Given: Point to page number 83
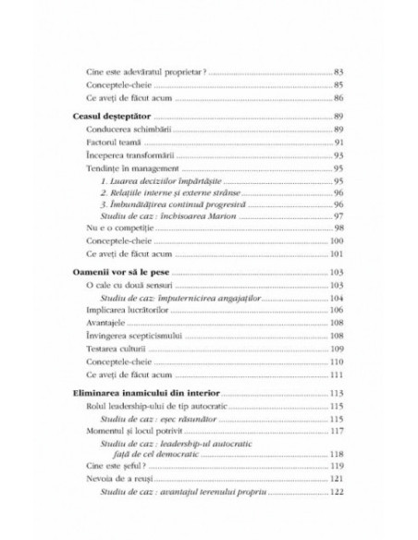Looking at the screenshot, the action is [x=338, y=70].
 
